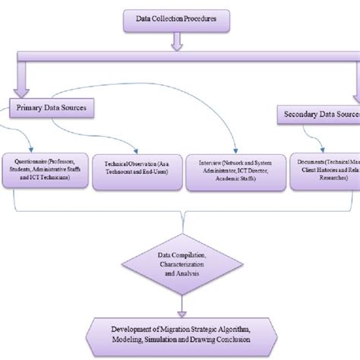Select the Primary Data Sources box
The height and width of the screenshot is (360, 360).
tap(52, 109)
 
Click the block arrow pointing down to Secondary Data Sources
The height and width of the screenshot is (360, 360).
tap(355, 84)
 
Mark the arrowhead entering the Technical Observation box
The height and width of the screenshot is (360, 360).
tap(134, 150)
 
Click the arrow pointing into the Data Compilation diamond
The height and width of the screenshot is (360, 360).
tap(181, 219)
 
